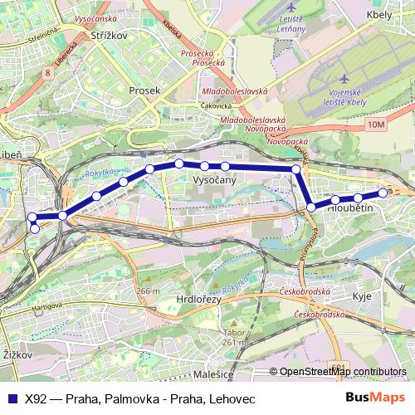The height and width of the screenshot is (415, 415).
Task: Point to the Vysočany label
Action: pyautogui.click(x=214, y=179)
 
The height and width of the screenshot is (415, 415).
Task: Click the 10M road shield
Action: pyautogui.click(x=376, y=124)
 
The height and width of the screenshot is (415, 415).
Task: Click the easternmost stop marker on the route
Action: pyautogui.click(x=383, y=193)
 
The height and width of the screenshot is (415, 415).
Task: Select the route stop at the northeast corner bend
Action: pyautogui.click(x=295, y=169)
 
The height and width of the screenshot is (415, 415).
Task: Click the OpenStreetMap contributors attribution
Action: pyautogui.click(x=341, y=372)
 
